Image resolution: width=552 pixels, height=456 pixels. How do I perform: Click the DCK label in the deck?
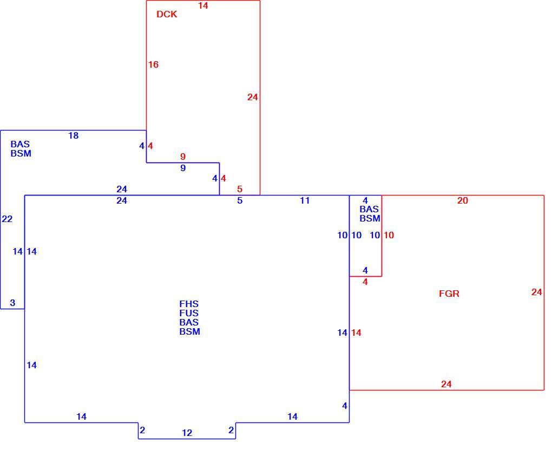tap(167, 14)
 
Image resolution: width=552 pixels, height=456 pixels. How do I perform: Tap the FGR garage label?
tap(449, 294)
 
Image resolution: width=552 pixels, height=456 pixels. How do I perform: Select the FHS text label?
tap(189, 304)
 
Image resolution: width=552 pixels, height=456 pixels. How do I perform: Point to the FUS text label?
tap(189, 313)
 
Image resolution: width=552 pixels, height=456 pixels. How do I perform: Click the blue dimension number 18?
tap(73, 135)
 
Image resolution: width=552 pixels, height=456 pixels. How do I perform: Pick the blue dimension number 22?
tap(7, 219)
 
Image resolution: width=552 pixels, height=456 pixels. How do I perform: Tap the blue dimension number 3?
tap(12, 303)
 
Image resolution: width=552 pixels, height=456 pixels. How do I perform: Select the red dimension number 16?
tap(153, 64)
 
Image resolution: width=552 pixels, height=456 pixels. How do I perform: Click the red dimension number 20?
tap(463, 200)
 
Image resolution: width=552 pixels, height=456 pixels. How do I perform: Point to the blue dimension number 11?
tap(305, 200)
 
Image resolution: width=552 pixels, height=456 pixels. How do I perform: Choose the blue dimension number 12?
tap(187, 433)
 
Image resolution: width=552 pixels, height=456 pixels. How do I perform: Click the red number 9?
tap(183, 157)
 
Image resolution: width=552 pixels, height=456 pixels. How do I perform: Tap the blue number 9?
tap(183, 168)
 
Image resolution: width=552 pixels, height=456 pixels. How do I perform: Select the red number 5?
tap(240, 189)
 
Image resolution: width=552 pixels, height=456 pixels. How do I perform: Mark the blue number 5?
tap(240, 200)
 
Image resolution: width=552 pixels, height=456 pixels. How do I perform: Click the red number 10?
tap(389, 235)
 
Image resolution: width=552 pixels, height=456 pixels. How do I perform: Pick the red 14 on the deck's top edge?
tap(203, 5)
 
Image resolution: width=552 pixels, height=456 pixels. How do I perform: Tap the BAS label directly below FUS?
tap(189, 322)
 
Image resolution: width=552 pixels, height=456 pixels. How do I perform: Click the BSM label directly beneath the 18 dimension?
tap(21, 153)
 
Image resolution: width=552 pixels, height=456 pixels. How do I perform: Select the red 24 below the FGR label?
tap(446, 384)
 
